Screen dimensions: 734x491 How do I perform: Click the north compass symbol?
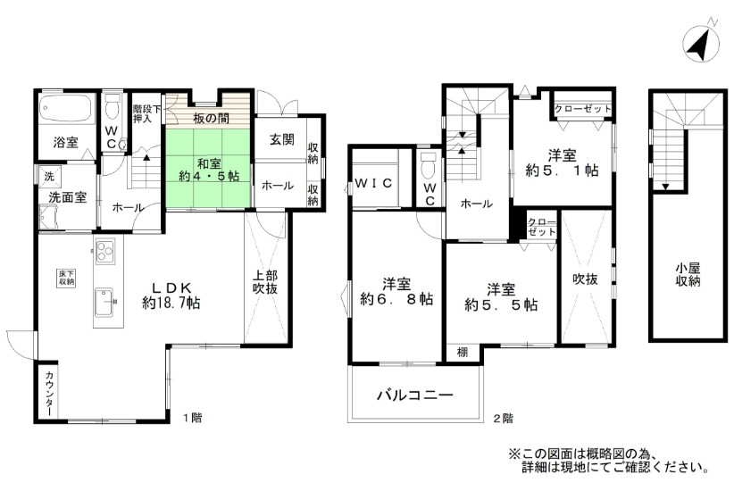click(x=700, y=41)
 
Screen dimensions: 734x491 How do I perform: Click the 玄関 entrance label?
click(x=282, y=139)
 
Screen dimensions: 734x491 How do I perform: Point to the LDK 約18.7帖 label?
click(x=171, y=295)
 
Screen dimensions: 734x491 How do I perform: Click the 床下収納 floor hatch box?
click(x=66, y=278)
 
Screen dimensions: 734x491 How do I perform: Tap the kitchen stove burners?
click(x=105, y=251)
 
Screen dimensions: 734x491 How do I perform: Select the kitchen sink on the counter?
click(x=104, y=303)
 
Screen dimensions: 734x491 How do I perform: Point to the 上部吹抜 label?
click(x=265, y=282)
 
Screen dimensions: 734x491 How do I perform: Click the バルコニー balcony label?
click(x=415, y=395)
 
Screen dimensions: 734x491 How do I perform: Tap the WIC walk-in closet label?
click(x=373, y=184)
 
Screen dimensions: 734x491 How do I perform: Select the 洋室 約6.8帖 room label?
click(x=396, y=292)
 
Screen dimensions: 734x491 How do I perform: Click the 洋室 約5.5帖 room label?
click(x=500, y=297)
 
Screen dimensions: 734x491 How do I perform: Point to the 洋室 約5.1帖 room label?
click(x=562, y=162)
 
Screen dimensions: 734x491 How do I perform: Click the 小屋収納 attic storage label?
click(x=688, y=274)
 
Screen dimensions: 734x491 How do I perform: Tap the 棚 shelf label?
click(x=462, y=352)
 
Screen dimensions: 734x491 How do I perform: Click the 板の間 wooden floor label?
click(x=211, y=119)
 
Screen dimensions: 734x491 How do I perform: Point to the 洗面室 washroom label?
click(x=67, y=197)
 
